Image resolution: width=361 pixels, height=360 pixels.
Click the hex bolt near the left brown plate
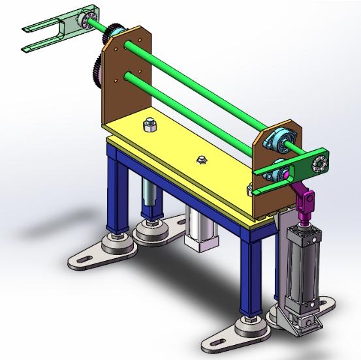[x=149, y=123]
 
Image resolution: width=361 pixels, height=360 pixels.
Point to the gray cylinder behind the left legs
[x=149, y=196]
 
